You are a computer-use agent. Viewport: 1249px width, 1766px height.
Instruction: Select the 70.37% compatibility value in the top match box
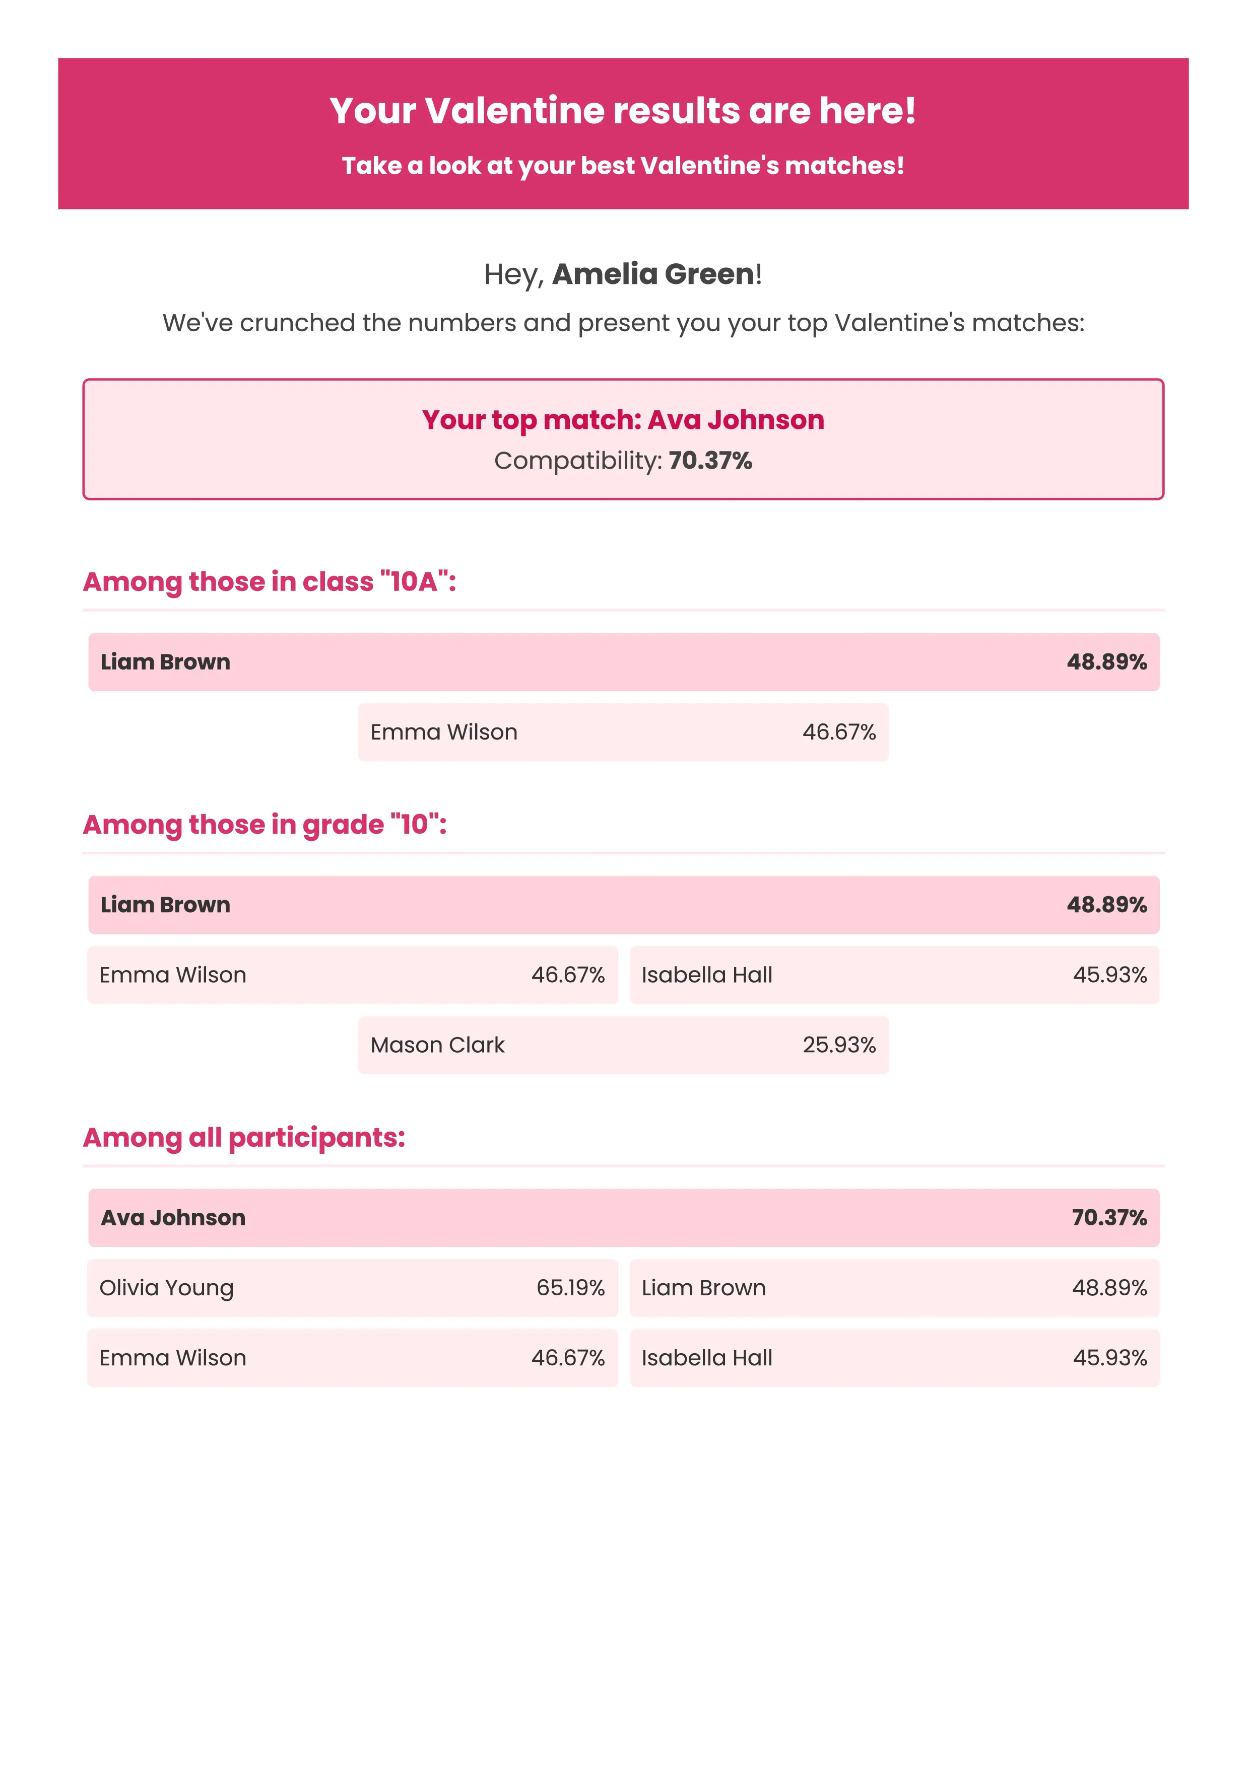pyautogui.click(x=709, y=461)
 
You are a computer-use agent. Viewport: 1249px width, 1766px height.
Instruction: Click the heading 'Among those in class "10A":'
pyautogui.click(x=270, y=581)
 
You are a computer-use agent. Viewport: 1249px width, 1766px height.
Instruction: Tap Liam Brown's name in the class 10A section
pyautogui.click(x=165, y=663)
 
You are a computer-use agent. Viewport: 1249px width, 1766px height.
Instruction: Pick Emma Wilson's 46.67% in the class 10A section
pyautogui.click(x=839, y=732)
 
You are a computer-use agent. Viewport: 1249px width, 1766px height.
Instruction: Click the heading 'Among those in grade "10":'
pyautogui.click(x=265, y=825)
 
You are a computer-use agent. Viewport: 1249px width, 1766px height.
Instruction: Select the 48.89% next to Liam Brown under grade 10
pyautogui.click(x=1106, y=905)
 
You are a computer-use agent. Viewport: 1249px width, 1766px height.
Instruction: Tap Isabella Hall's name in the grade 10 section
pyautogui.click(x=706, y=975)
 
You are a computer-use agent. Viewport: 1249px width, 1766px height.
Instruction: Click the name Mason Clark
pyautogui.click(x=437, y=1045)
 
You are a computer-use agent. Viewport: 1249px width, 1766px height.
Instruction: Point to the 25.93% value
pyautogui.click(x=839, y=1045)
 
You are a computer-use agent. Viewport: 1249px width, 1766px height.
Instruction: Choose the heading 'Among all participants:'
pyautogui.click(x=244, y=1138)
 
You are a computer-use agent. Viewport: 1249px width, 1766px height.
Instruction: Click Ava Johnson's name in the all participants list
pyautogui.click(x=173, y=1218)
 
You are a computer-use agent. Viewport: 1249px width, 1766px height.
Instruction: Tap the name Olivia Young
pyautogui.click(x=166, y=1288)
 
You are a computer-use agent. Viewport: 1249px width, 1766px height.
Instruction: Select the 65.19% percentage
pyautogui.click(x=570, y=1288)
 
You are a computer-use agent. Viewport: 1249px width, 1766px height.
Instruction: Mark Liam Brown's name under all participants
pyautogui.click(x=703, y=1288)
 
